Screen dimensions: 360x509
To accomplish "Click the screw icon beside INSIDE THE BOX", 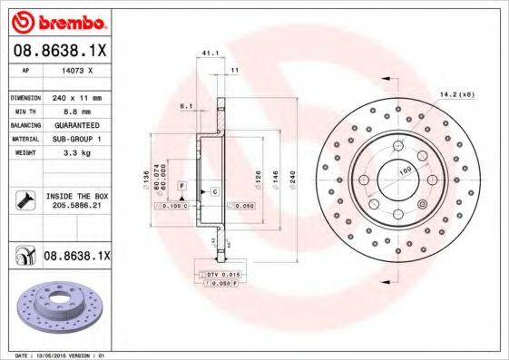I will [24, 199].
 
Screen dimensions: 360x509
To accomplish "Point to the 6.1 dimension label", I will [187, 106].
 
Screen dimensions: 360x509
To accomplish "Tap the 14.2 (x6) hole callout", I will [457, 93].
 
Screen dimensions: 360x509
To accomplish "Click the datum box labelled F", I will [181, 185].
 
